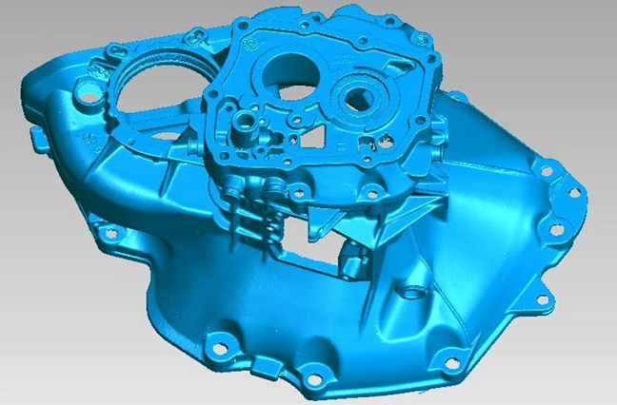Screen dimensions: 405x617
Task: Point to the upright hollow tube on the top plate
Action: click(x=246, y=121)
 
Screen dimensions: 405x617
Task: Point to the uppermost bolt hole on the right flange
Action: click(x=547, y=171)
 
